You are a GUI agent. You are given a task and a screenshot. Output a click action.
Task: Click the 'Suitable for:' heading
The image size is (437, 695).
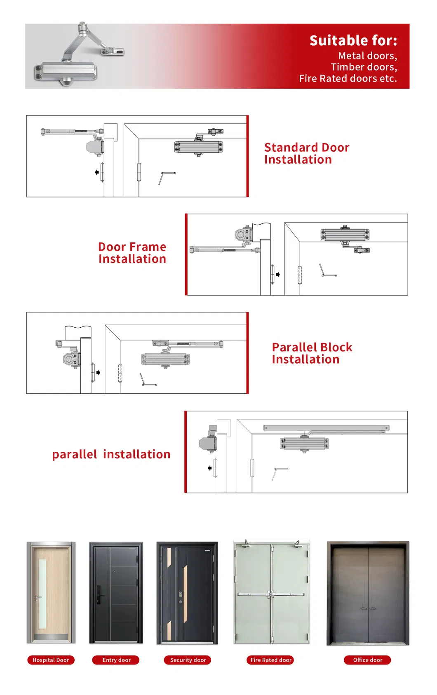[x=353, y=40]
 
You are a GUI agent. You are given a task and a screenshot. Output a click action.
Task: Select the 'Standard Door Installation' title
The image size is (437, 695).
[x=306, y=153]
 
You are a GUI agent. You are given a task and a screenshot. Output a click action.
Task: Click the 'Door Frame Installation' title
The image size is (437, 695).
[x=132, y=253]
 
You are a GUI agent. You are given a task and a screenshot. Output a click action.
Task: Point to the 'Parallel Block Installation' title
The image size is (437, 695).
[x=312, y=353]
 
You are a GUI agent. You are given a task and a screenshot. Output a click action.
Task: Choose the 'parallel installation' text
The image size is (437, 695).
[x=111, y=454]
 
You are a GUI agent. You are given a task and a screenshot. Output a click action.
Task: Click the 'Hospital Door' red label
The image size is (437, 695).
[x=51, y=660]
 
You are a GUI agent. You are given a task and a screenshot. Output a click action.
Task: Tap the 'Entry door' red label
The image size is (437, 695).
[x=116, y=660]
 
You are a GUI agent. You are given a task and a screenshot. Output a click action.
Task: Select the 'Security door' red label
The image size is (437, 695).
[x=188, y=660]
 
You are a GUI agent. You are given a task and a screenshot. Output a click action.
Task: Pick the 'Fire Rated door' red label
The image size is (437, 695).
[x=271, y=660]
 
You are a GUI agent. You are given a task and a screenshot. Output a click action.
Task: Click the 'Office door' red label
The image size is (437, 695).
[x=367, y=660]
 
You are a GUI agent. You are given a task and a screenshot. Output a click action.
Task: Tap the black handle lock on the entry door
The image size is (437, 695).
[x=99, y=595]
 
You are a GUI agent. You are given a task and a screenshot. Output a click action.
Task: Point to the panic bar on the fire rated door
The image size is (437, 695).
[x=271, y=594]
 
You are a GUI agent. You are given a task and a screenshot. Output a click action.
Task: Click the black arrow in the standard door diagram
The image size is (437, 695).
[x=96, y=172]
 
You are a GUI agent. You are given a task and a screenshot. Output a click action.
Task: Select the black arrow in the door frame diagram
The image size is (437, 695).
[x=278, y=274]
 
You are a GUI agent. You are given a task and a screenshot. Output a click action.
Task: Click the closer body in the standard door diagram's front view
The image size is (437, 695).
[x=199, y=147]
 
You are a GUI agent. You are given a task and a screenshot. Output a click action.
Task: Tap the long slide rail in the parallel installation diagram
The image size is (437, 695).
[x=326, y=428]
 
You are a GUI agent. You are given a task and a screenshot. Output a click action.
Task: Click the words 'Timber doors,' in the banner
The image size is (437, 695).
[x=364, y=67]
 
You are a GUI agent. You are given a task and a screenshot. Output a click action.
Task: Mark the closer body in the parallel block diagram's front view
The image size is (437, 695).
[x=165, y=359]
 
